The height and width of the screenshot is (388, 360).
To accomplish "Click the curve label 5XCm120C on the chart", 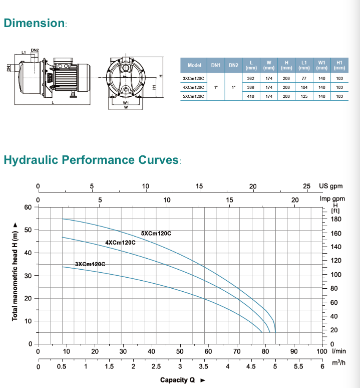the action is (156, 233).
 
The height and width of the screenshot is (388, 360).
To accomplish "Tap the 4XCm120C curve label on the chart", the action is (120, 243).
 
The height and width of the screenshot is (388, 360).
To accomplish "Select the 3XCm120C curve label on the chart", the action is (90, 264).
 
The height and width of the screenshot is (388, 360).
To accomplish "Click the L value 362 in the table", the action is (250, 78).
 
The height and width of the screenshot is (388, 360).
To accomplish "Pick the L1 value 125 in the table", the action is (304, 96).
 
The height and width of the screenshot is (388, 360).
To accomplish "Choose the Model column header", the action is (194, 65).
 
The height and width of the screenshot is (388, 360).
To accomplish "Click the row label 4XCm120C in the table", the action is (193, 87).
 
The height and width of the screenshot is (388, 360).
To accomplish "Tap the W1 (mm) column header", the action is (322, 65).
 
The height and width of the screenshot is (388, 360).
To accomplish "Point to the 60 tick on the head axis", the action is (28, 207).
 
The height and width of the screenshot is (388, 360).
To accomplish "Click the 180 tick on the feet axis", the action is (336, 219).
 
